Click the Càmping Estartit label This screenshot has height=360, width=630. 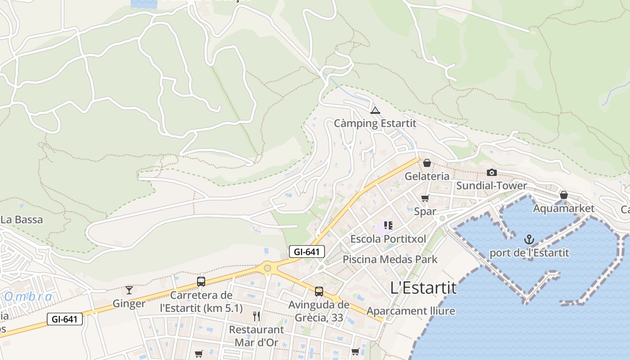[375, 123]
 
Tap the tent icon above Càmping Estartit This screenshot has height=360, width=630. [375, 110]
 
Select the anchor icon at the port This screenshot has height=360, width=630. [529, 239]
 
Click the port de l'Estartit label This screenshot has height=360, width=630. [529, 252]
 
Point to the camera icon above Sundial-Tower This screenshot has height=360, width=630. [491, 172]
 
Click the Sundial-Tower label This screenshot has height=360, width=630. [491, 185]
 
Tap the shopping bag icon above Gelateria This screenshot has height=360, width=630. [427, 162]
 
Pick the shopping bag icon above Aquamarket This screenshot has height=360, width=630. [563, 195]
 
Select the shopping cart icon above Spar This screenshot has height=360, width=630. [425, 198]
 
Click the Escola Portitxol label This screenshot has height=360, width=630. [388, 238]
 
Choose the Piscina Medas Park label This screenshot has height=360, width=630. [390, 259]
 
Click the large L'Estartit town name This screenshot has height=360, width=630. [423, 288]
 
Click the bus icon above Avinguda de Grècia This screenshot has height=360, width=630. [319, 291]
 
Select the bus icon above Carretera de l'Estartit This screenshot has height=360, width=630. [201, 282]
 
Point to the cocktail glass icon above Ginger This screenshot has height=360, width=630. [129, 290]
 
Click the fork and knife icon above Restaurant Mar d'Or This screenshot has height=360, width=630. [256, 316]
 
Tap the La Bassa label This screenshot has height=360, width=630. [22, 220]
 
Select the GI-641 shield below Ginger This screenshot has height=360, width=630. [65, 319]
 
